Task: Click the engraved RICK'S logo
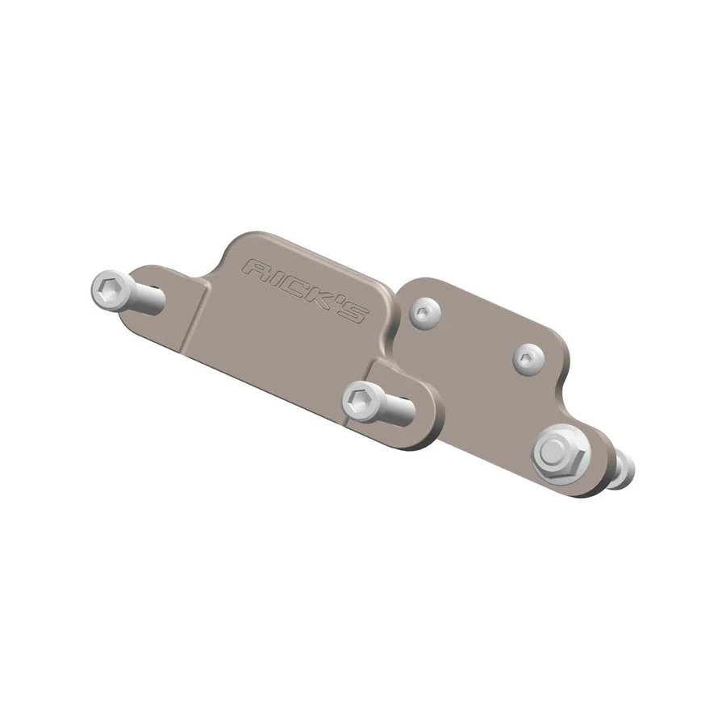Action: (306, 290)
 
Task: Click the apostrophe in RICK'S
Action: (343, 299)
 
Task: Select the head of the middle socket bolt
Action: (358, 401)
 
